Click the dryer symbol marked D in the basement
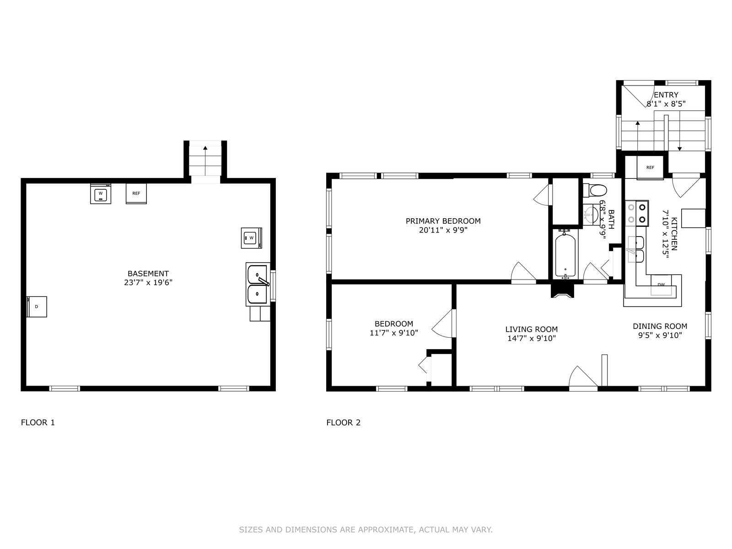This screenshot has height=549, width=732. point(37,307)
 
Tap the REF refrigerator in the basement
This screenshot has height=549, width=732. point(136,194)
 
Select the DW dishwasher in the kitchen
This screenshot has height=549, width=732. point(661,285)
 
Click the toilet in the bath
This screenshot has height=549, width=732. point(595,191)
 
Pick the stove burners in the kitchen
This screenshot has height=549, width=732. point(637,213)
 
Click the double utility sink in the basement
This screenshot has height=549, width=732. point(258,284)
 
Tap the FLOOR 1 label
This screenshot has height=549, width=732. point(38,423)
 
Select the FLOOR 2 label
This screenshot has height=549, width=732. point(343,423)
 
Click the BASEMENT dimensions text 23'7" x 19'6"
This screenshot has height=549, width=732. point(148,283)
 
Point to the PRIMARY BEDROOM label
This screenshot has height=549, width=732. point(443,221)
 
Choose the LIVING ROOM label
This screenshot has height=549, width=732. point(532,329)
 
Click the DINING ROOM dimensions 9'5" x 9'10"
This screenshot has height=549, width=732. point(660,335)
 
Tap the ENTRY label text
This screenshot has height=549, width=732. point(666,95)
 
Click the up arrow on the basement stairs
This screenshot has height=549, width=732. point(205,161)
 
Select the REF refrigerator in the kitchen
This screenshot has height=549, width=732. point(650,167)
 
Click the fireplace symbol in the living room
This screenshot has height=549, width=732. point(563,291)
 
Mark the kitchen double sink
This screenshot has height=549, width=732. point(635,249)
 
